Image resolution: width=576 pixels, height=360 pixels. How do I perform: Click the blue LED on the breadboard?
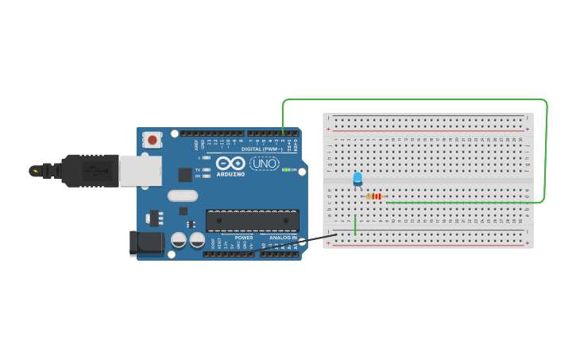(358, 178)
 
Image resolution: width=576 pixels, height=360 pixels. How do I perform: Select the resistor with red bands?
(375, 196)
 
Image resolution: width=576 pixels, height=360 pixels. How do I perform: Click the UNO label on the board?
(265, 164)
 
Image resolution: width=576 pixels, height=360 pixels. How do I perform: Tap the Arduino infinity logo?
(230, 162)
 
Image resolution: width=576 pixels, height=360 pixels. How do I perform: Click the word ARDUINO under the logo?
(230, 174)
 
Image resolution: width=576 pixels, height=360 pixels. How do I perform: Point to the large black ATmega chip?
(253, 222)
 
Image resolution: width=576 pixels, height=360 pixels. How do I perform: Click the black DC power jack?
(147, 243)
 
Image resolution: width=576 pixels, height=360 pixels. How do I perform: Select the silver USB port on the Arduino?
(141, 171)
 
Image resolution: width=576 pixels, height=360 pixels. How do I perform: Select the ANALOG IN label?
(282, 238)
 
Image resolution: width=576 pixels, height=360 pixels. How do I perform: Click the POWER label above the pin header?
(244, 238)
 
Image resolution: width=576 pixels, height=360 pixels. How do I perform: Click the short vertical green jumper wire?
(355, 225)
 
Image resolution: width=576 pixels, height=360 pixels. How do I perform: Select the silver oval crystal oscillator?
(182, 195)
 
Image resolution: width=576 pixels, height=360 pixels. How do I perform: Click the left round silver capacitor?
(180, 239)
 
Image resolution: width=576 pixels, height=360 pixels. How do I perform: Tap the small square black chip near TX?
(185, 175)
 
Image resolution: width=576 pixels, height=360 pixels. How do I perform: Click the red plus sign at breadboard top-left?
(328, 129)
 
